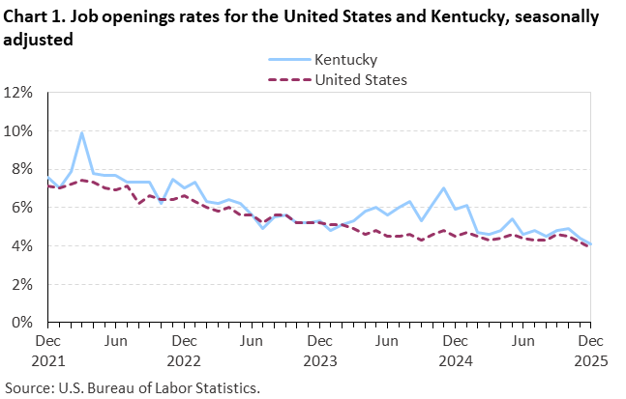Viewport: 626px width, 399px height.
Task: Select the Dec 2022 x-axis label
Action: [x=183, y=351]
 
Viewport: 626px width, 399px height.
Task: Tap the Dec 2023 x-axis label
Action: [x=318, y=351]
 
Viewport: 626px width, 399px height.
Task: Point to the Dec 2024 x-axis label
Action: [x=454, y=351]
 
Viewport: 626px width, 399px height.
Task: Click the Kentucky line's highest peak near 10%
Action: [x=82, y=132]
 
